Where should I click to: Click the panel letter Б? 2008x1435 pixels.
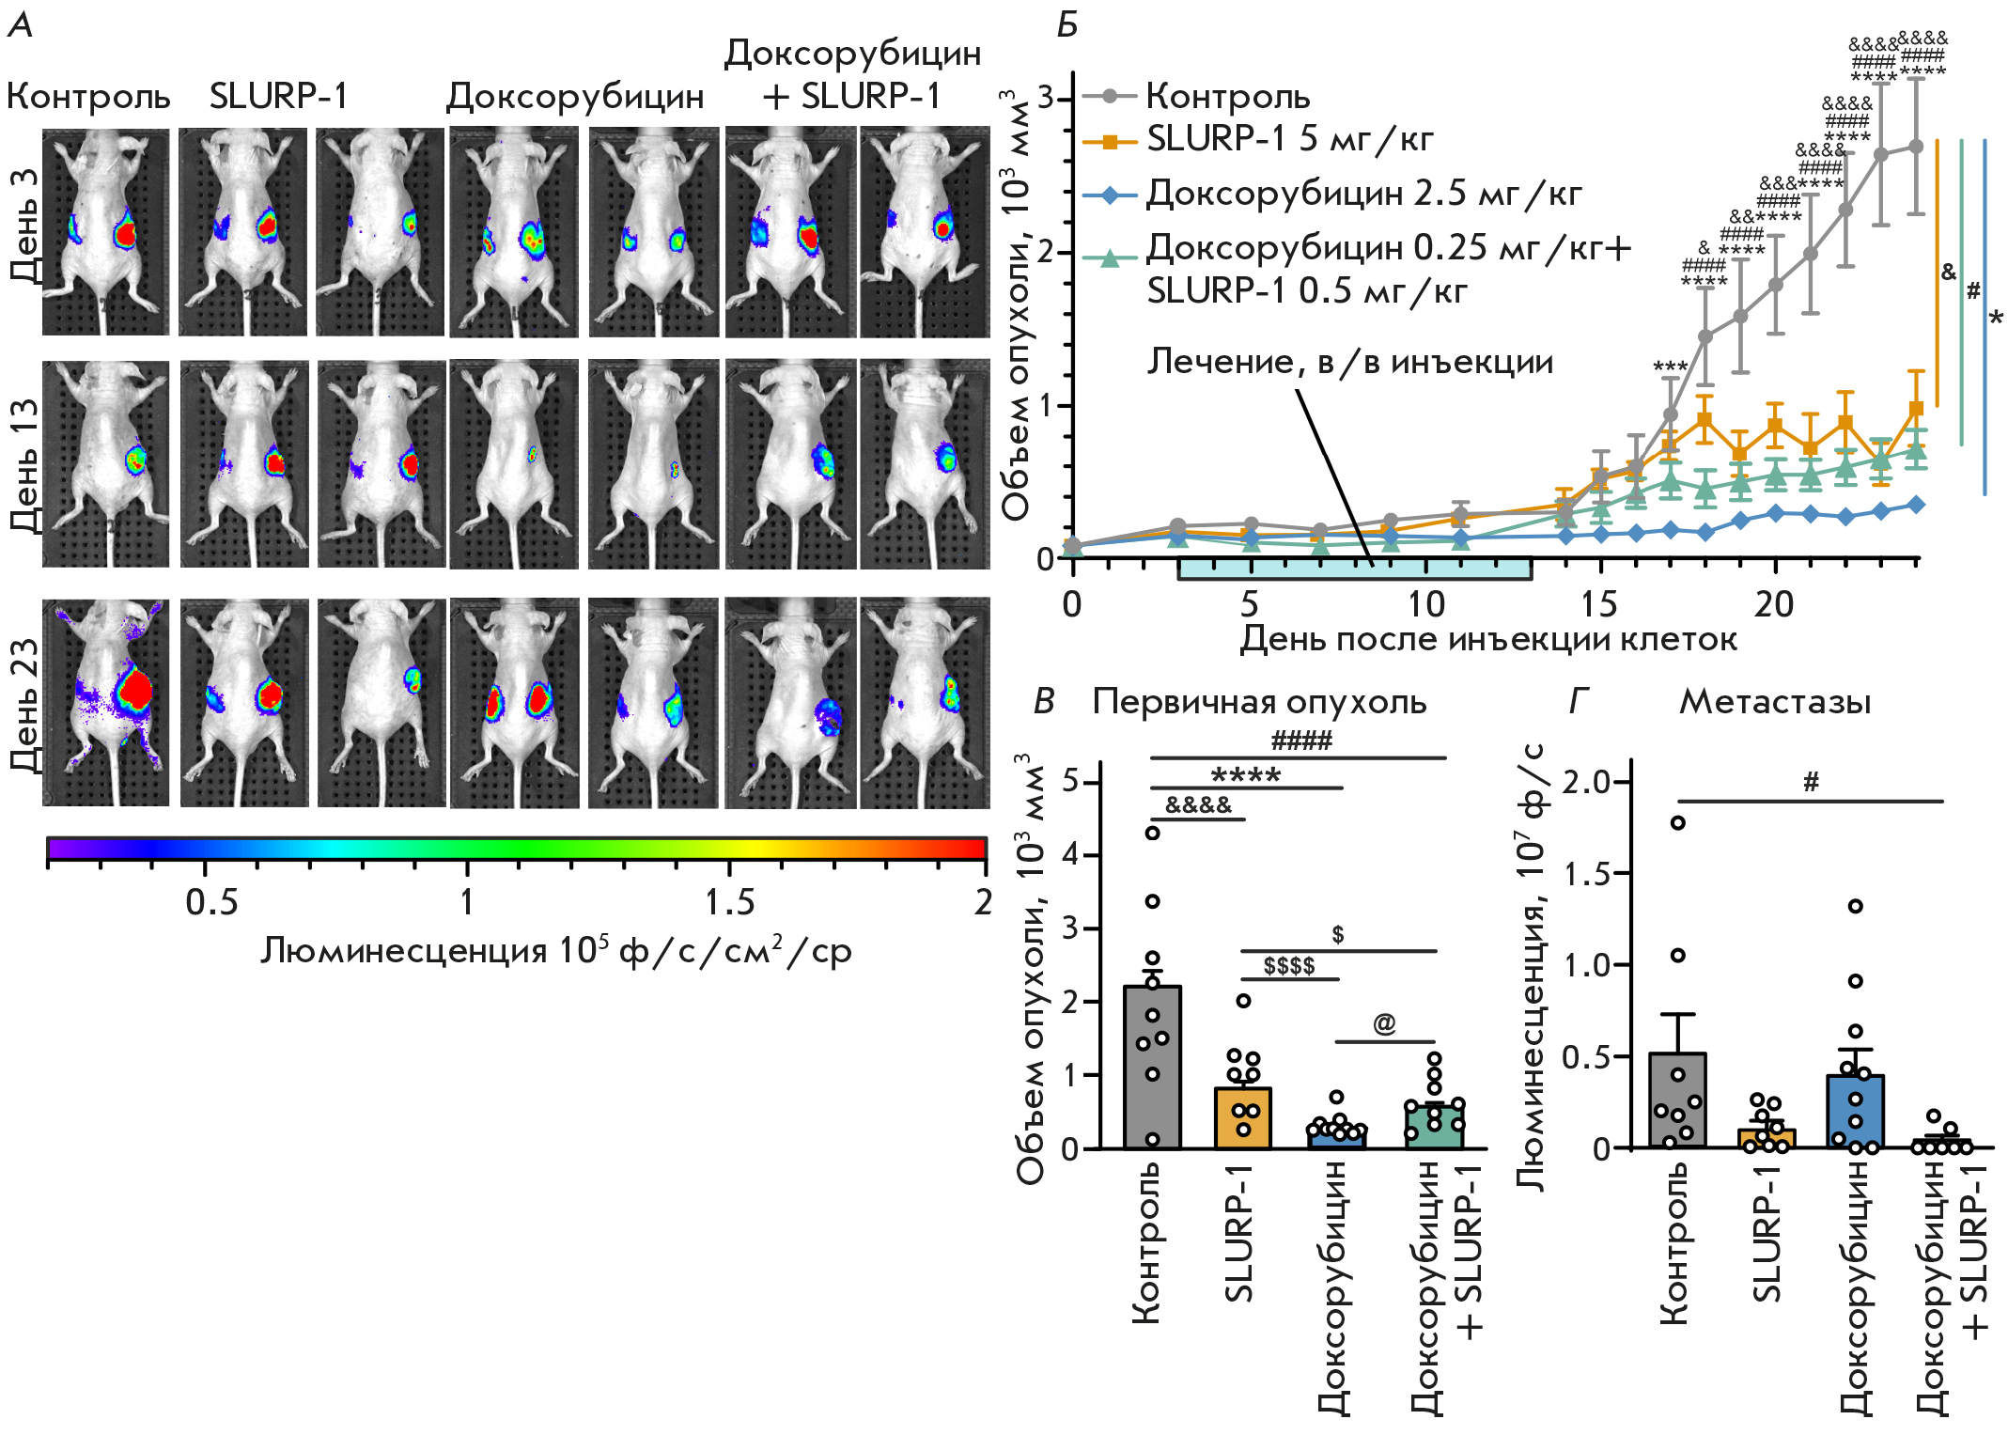click(1066, 25)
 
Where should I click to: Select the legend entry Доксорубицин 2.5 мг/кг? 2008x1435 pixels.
click(1362, 194)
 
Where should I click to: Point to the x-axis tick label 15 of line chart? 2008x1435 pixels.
click(1598, 604)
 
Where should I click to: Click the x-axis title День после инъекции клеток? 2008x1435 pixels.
click(1488, 639)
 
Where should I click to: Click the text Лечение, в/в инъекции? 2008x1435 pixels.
click(1349, 362)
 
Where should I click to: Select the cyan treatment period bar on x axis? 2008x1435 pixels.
click(1354, 569)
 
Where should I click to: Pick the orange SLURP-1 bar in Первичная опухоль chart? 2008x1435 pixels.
click(1243, 1118)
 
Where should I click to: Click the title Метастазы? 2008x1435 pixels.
click(1775, 702)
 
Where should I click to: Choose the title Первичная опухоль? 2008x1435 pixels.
click(1259, 702)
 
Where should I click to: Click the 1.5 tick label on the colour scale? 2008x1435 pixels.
click(729, 902)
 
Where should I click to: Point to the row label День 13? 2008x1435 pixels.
click(25, 465)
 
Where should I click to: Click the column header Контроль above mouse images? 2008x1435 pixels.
click(88, 96)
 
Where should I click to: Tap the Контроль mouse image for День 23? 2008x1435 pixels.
click(106, 702)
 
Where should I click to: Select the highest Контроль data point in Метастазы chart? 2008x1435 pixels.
click(1677, 823)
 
